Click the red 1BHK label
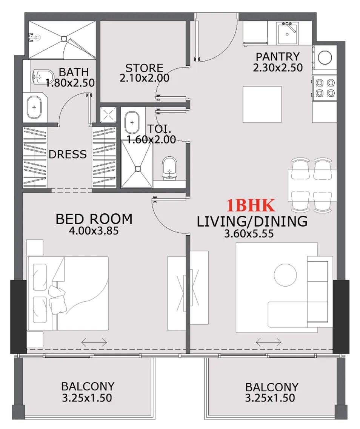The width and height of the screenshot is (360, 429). coord(251,206)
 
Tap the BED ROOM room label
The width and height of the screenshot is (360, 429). coord(94,219)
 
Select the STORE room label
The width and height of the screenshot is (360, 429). coord(144,68)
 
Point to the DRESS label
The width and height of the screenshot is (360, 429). coord(68,154)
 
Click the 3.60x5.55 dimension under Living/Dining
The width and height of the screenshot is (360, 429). coord(249,234)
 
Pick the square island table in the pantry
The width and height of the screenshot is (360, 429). coord(262,104)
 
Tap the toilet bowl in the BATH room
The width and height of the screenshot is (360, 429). coord(38,76)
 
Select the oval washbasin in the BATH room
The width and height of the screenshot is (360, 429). coord(35,108)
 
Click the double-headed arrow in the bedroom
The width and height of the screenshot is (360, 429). coord(94,342)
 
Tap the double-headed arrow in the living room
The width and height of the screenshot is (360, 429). coord(269,342)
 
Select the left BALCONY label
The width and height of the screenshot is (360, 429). coord(88,386)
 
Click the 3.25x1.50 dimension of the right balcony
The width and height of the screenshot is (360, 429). coord(270,398)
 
